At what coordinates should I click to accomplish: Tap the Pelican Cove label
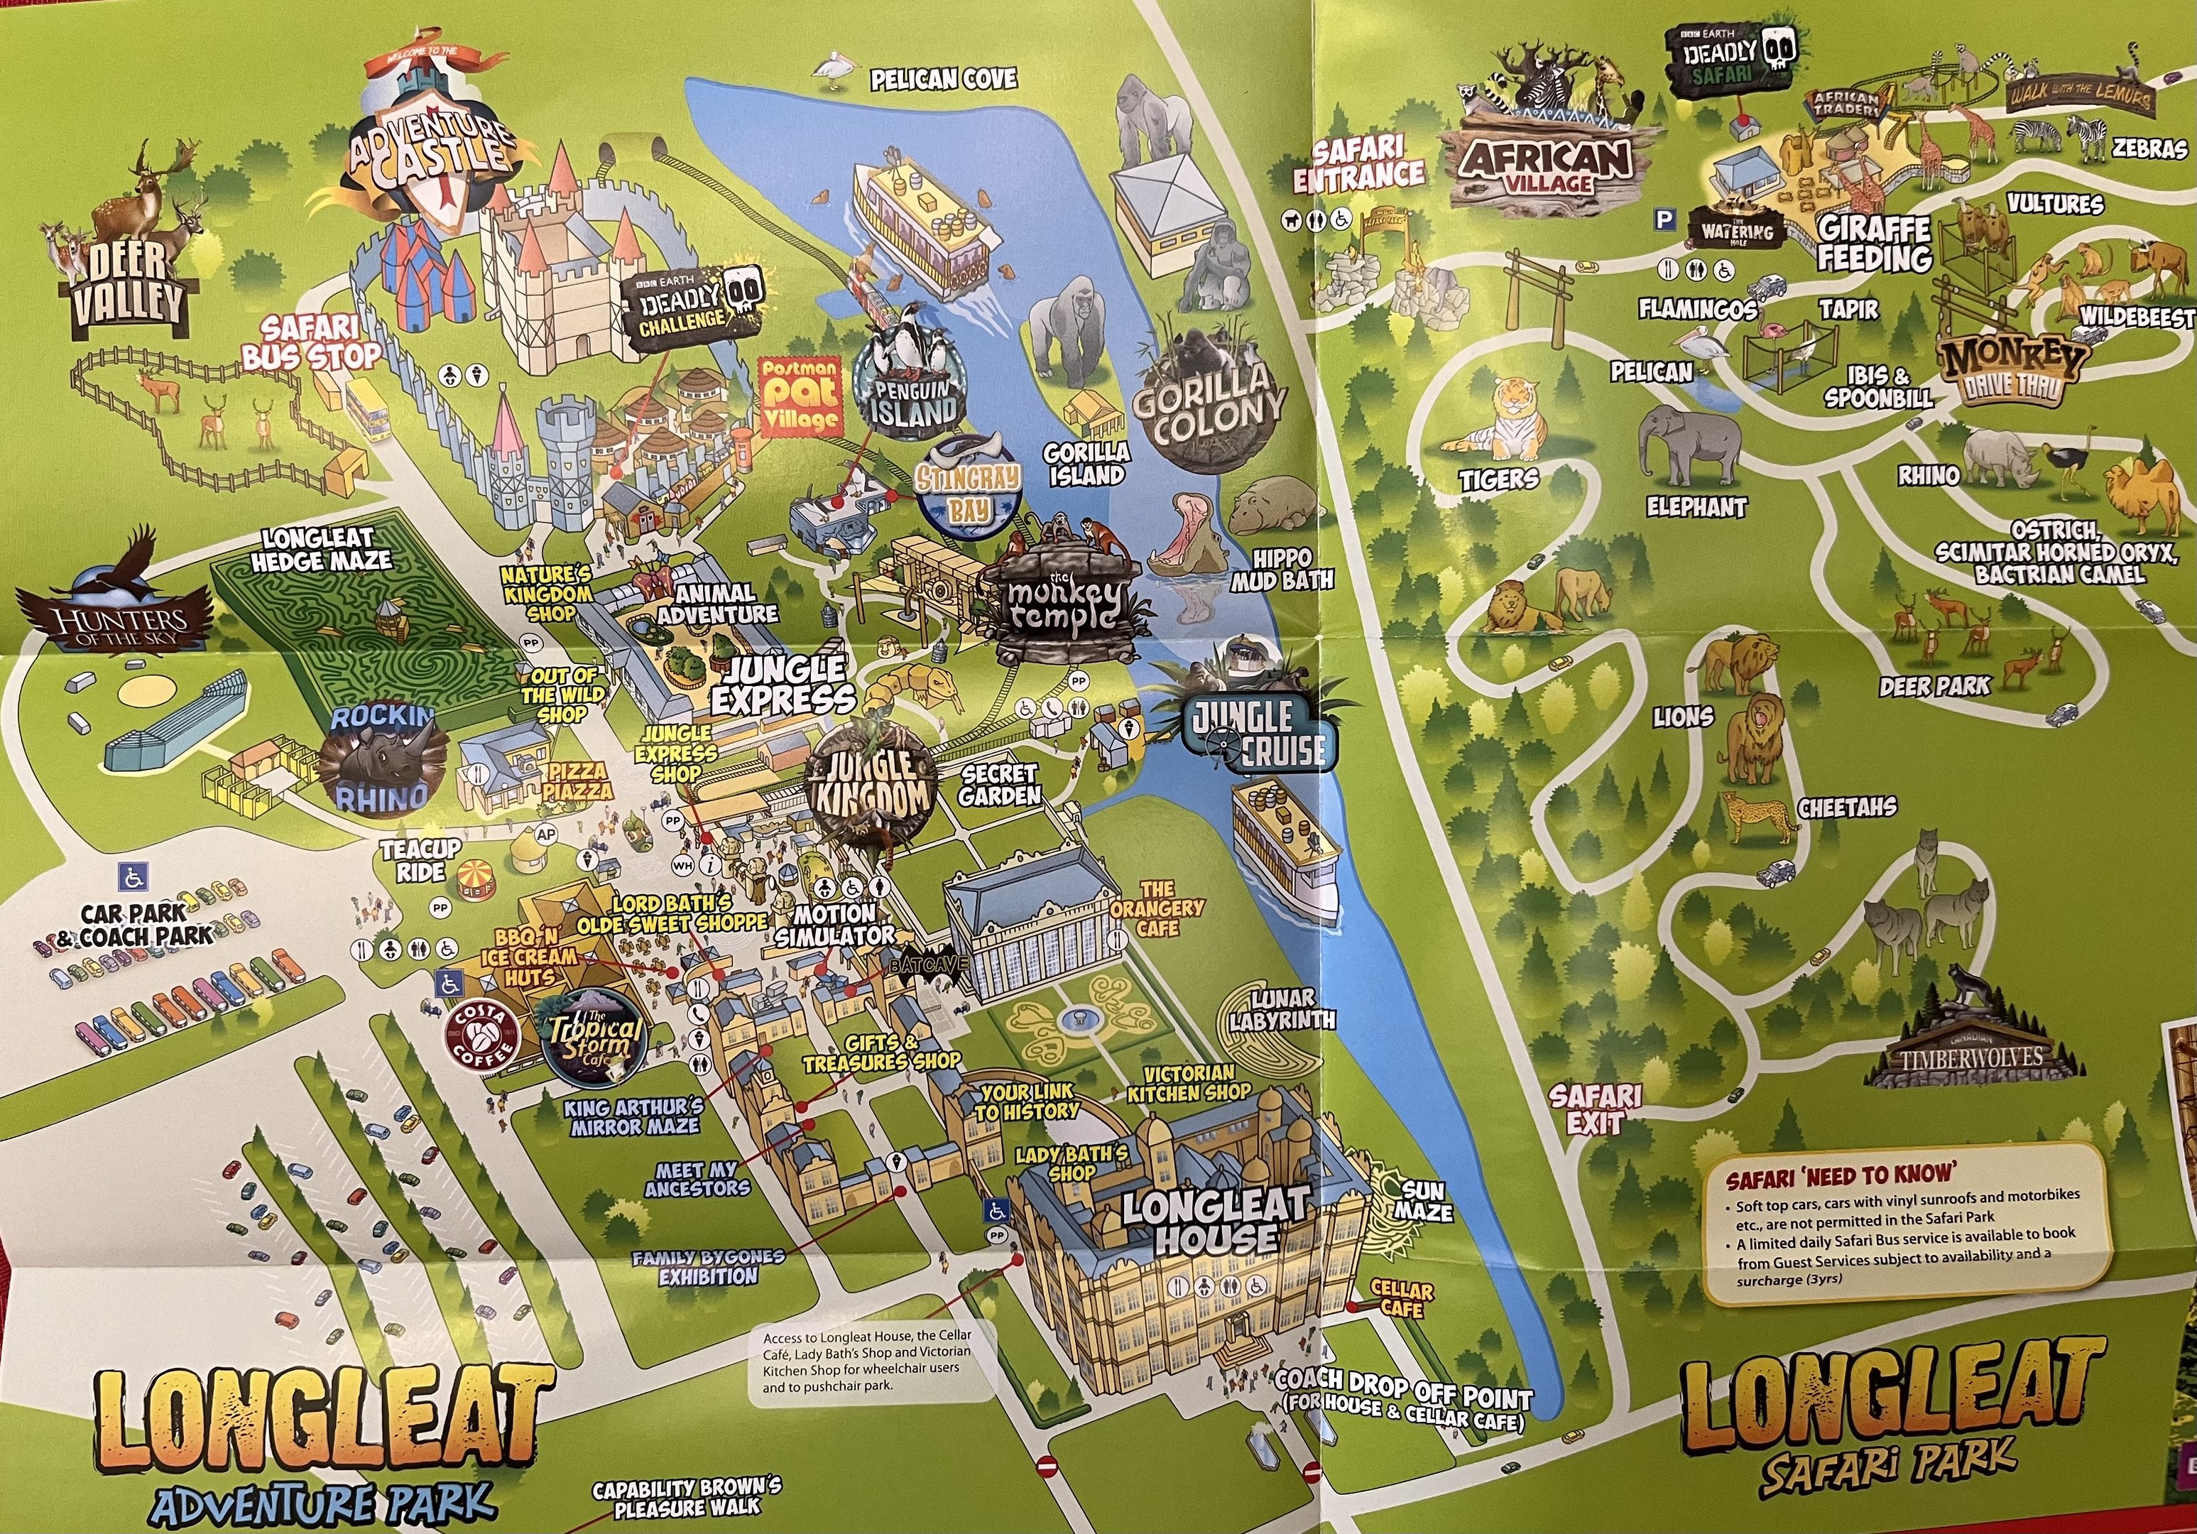point(942,80)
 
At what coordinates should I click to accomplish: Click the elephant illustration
point(1689,447)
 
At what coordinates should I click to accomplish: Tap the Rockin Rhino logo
point(381,758)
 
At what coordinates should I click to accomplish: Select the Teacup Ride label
point(421,860)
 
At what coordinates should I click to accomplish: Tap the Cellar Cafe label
point(1402,1300)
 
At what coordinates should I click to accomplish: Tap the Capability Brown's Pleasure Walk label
point(686,1498)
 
